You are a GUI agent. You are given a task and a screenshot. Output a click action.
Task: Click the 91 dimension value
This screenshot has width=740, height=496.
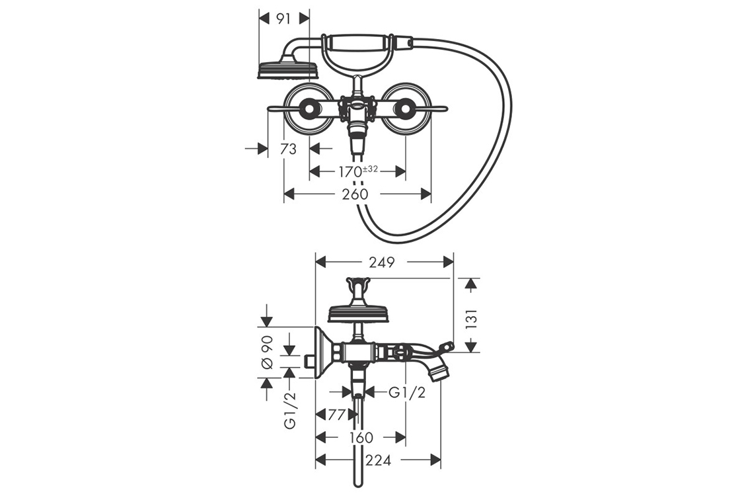click(283, 19)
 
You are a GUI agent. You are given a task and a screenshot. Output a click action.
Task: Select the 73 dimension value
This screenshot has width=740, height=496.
click(288, 149)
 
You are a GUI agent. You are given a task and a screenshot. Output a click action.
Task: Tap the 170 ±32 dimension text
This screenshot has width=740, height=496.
click(357, 172)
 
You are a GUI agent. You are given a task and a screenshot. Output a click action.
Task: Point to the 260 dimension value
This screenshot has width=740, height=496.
click(355, 194)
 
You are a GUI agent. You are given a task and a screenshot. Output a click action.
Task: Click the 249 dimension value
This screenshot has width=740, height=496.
click(383, 263)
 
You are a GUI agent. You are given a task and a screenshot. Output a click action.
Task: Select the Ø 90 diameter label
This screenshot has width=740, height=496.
click(268, 352)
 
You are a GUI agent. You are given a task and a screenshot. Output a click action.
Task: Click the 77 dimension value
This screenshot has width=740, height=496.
click(337, 415)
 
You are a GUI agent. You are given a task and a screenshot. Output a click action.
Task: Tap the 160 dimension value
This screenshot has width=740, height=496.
click(360, 438)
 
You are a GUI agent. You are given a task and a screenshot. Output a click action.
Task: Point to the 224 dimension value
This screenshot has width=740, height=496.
click(378, 460)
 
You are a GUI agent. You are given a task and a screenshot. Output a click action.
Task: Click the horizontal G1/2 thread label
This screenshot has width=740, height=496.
click(406, 392)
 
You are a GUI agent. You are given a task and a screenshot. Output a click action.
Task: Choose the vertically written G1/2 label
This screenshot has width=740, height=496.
click(290, 409)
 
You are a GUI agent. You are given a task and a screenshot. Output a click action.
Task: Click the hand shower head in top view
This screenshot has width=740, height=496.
click(288, 69)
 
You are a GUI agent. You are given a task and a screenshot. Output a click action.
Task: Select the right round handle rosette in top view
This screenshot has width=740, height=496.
click(405, 108)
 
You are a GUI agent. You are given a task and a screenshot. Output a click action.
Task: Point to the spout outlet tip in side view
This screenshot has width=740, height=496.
click(439, 374)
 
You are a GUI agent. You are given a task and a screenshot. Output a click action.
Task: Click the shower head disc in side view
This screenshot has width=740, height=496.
click(357, 314)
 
